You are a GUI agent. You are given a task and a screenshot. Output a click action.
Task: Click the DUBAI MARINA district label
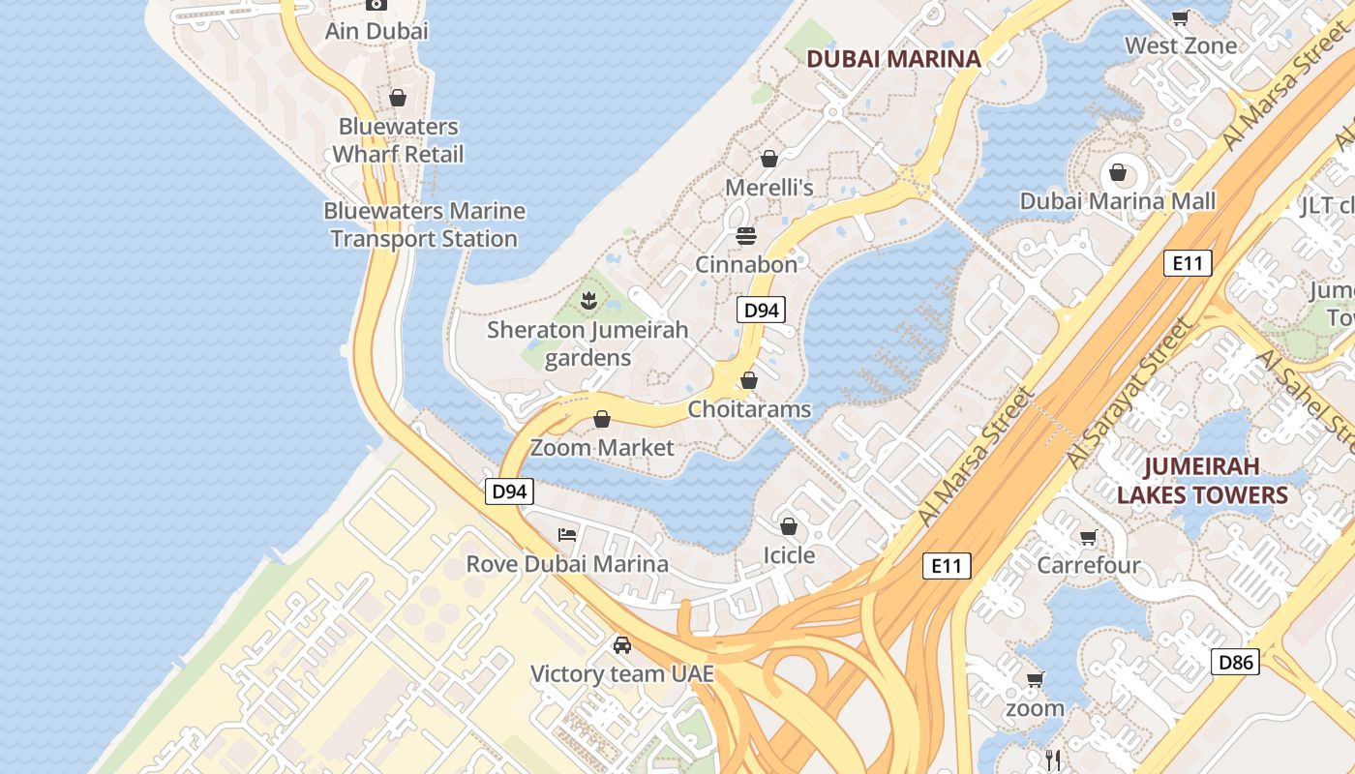pos(893,59)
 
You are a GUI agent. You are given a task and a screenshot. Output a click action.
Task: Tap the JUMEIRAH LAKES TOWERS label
pos(1202,481)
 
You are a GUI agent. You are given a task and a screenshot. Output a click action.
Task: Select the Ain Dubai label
pos(376,31)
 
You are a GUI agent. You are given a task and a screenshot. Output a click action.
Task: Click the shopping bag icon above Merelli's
pos(769,158)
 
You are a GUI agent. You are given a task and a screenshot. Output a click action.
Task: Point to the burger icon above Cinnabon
pos(745,235)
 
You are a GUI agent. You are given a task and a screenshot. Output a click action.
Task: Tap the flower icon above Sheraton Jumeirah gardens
pos(587,301)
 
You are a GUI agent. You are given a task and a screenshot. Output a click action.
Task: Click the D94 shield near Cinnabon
pos(761,310)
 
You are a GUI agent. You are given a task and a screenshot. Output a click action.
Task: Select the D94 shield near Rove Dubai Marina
pos(508,491)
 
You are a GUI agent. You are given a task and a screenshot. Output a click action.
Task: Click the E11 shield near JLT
pos(1188,263)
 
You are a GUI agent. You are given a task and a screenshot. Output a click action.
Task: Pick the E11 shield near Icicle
pos(946,566)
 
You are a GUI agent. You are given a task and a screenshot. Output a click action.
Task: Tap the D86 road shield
pos(1235,663)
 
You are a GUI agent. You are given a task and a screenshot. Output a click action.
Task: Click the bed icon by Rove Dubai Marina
pos(567,534)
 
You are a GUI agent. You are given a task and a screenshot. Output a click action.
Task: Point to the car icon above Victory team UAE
pos(622,644)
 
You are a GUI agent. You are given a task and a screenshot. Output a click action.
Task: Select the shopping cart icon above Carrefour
pos(1089,537)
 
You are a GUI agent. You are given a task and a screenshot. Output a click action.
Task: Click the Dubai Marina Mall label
pos(1118,201)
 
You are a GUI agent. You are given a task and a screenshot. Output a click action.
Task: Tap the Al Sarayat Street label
pos(1129,395)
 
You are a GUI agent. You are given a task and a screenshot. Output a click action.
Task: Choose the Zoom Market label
pos(602,448)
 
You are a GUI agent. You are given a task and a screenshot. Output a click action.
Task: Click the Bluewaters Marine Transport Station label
pos(424,224)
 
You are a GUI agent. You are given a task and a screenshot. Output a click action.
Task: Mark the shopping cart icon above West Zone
pos(1180,17)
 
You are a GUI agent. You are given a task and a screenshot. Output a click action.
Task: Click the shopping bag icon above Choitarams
pos(749,380)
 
